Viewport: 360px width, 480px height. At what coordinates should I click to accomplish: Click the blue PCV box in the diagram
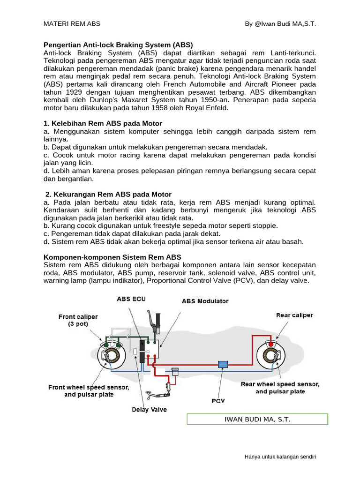coord(223,364)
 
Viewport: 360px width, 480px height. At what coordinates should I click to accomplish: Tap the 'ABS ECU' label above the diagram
coord(131,299)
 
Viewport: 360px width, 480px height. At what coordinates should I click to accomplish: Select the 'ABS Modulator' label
coord(205,301)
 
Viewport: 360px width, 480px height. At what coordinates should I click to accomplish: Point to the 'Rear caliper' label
coord(294,315)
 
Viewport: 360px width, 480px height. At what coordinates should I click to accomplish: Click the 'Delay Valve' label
coord(149,409)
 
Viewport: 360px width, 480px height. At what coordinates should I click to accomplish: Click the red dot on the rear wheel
coord(271,345)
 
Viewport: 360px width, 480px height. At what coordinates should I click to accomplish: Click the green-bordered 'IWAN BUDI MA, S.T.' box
coord(257,419)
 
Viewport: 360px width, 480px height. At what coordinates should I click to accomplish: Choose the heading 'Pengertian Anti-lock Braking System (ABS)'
coord(118,45)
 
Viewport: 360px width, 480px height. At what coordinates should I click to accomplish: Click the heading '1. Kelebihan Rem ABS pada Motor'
coord(103,123)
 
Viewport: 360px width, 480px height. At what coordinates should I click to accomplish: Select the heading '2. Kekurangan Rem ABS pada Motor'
coord(108,194)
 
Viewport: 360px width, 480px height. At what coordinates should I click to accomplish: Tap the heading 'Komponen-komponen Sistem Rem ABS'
coord(112,257)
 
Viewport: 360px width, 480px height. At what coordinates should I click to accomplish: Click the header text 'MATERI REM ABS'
coord(72,24)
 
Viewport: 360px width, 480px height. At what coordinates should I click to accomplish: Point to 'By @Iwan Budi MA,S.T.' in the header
coord(280,24)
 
